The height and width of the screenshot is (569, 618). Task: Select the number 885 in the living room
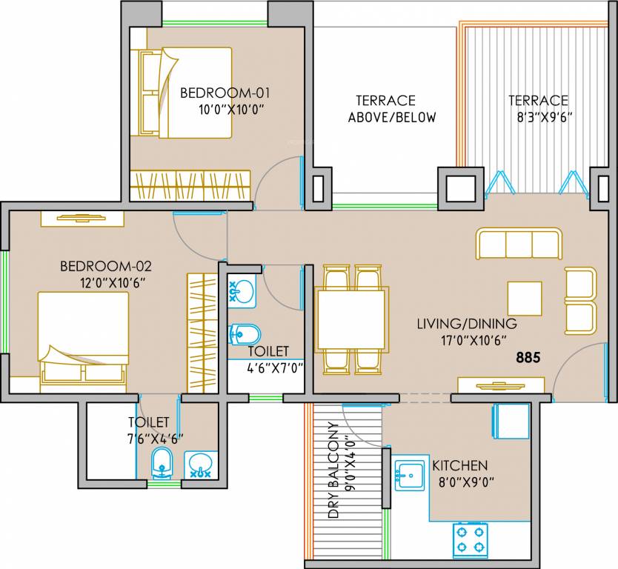click(528, 357)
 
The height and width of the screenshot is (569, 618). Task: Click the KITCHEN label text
click(459, 465)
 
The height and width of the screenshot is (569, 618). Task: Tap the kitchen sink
click(408, 475)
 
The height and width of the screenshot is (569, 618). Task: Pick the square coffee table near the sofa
click(524, 298)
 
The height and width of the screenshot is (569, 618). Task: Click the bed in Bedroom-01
click(182, 93)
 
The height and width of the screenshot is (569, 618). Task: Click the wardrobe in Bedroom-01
click(190, 184)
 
